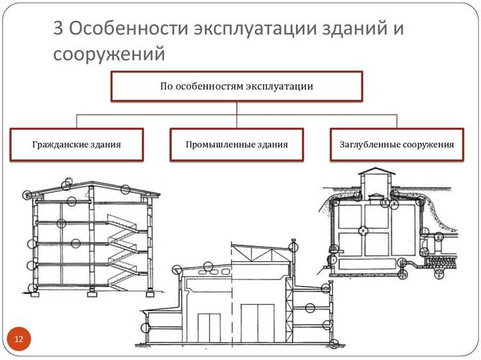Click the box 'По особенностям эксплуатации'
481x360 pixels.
(237, 86)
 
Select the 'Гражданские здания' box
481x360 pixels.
(76, 144)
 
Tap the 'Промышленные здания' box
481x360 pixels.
(237, 144)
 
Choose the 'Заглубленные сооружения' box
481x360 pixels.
(396, 144)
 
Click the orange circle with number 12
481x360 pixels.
(19, 338)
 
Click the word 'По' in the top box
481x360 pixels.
(166, 86)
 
